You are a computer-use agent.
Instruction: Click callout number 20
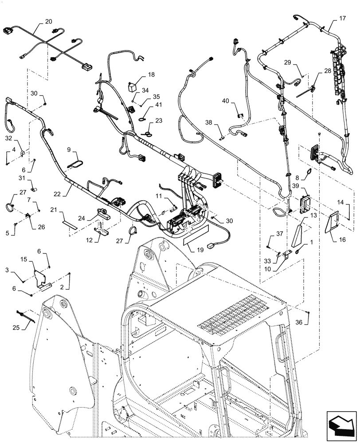tap(48, 21)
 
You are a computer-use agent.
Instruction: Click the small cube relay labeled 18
tap(132, 85)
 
